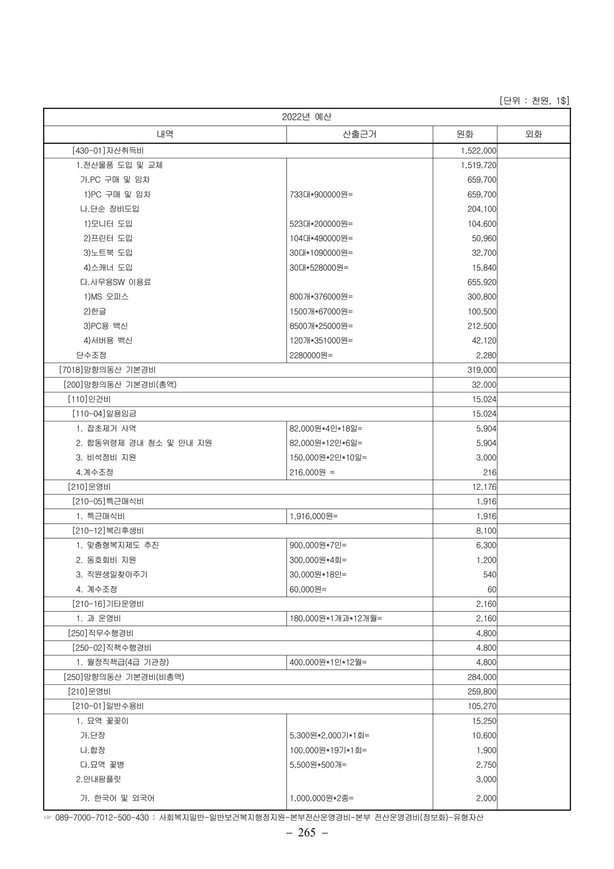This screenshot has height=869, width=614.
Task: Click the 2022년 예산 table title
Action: pyautogui.click(x=307, y=117)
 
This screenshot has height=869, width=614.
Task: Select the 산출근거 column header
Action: pyautogui.click(x=360, y=134)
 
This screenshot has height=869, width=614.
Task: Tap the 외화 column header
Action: pyautogui.click(x=533, y=134)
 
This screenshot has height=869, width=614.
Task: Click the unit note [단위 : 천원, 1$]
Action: pyautogui.click(x=534, y=100)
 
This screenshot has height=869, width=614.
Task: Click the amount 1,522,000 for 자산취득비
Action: pyautogui.click(x=478, y=151)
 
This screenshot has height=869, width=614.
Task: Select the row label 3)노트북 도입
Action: pyautogui.click(x=108, y=253)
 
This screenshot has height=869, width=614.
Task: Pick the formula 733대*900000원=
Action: pyautogui.click(x=321, y=195)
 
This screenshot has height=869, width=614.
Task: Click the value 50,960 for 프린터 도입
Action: pyautogui.click(x=484, y=239)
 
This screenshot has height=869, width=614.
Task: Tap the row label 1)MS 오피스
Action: pyautogui.click(x=106, y=297)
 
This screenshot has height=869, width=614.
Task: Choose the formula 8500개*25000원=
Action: pyautogui.click(x=321, y=326)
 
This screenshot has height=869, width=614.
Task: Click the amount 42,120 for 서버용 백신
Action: pyautogui.click(x=484, y=341)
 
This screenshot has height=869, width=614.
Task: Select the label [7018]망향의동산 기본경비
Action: pyautogui.click(x=107, y=370)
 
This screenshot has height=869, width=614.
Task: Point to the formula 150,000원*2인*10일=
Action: pyautogui.click(x=328, y=458)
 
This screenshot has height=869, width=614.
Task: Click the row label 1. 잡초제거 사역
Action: pyautogui.click(x=106, y=429)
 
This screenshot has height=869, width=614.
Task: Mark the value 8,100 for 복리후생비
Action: pyautogui.click(x=486, y=531)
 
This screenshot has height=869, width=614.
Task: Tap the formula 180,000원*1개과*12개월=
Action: pyautogui.click(x=336, y=619)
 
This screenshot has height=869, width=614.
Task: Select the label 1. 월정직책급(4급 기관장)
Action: pyautogui.click(x=122, y=663)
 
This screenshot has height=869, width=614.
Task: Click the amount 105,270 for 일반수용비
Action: pyautogui.click(x=482, y=707)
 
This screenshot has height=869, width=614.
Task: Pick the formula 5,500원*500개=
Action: pyautogui.click(x=318, y=765)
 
